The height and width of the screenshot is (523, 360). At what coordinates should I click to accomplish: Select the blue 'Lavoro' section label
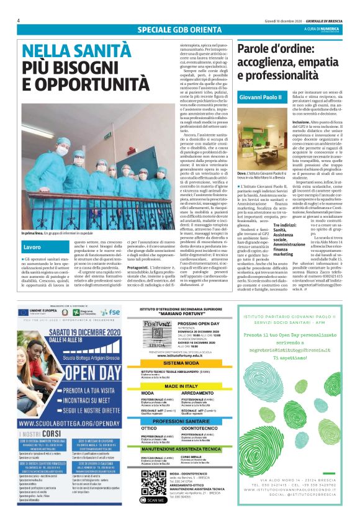point(33,247)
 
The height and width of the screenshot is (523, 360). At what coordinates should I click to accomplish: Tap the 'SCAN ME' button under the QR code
point(153,499)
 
